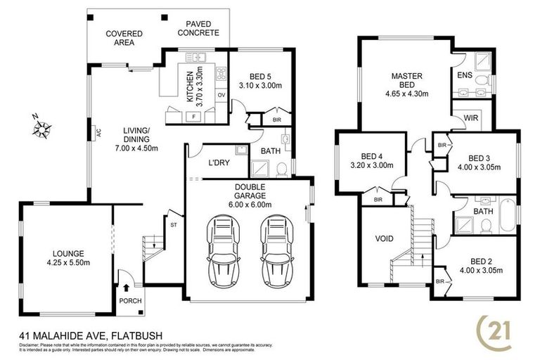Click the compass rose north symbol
pos(41,127)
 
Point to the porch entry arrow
pos(127,287)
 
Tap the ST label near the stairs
pos(172,224)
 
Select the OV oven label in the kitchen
pos(221,94)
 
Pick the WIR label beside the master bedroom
pos(470,118)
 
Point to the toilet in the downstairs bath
pos(280,169)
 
